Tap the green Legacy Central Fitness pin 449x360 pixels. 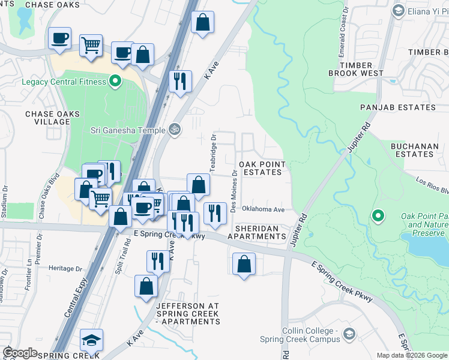pyautogui.click(x=113, y=82)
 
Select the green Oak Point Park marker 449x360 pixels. pyautogui.click(x=378, y=215)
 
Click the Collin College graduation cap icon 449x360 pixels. pyautogui.click(x=349, y=334)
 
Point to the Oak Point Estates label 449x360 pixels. pyautogui.click(x=260, y=168)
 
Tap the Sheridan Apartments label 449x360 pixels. pyautogui.click(x=260, y=232)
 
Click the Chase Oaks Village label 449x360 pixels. pyautogui.click(x=47, y=118)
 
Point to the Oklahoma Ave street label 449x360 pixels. pyautogui.click(x=263, y=209)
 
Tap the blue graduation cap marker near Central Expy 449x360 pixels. pyautogui.click(x=91, y=340)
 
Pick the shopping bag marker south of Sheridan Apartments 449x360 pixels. pyautogui.click(x=244, y=264)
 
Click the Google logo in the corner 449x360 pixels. pyautogui.click(x=20, y=353)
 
